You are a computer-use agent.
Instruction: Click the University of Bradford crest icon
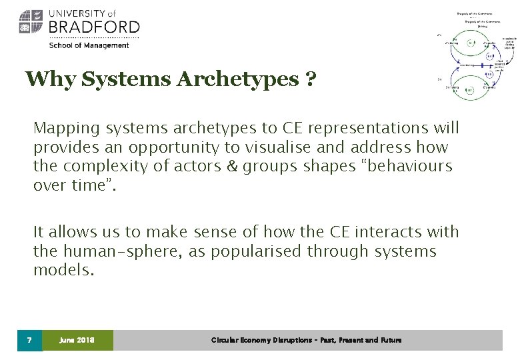click(30, 22)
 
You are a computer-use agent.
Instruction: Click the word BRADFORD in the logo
click(94, 27)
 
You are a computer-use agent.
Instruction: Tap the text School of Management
click(89, 45)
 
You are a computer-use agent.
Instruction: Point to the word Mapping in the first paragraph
click(61, 127)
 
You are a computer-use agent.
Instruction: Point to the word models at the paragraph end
click(64, 271)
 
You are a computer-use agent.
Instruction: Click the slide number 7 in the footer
click(29, 340)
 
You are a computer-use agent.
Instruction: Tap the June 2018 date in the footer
click(77, 340)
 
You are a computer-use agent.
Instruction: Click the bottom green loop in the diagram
click(470, 89)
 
